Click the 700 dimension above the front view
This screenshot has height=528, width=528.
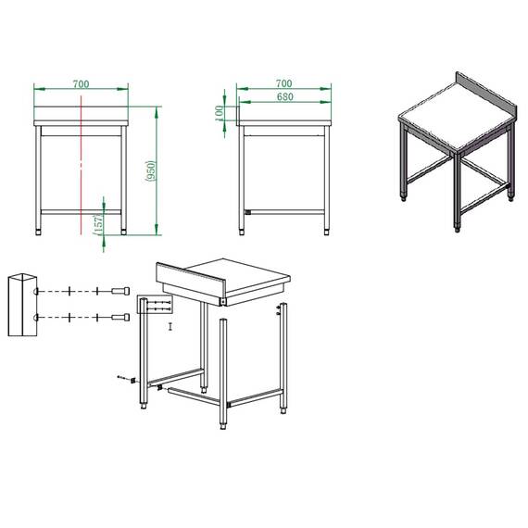[x=82, y=84]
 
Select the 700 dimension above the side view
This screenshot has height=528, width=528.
[x=283, y=84]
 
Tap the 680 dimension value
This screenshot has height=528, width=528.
[x=283, y=97]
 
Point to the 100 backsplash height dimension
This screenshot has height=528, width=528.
[x=220, y=111]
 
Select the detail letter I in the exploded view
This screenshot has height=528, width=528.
[x=170, y=327]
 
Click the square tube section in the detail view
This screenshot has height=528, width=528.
[x=22, y=306]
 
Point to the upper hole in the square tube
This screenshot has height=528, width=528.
[x=34, y=292]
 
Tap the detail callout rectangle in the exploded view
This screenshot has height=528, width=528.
[x=152, y=307]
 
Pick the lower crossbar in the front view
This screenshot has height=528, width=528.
[x=82, y=213]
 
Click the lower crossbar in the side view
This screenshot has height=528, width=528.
[x=283, y=212]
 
